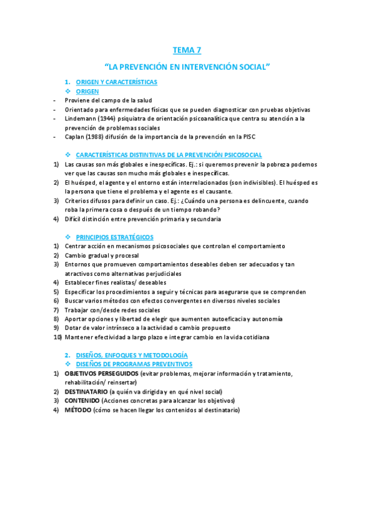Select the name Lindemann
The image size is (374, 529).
click(81, 119)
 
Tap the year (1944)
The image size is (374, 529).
click(107, 119)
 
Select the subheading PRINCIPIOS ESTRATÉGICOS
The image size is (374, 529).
click(114, 237)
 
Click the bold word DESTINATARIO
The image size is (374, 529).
click(90, 392)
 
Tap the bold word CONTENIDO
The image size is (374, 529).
click(85, 401)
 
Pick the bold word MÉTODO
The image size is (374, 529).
click(78, 410)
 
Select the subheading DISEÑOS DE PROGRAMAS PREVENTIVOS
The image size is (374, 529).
click(134, 364)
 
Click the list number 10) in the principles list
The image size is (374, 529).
click(57, 337)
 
